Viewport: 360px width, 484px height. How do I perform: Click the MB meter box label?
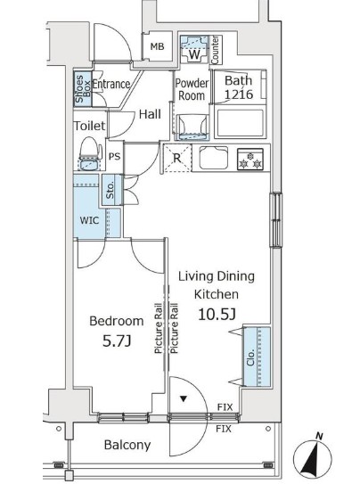158,46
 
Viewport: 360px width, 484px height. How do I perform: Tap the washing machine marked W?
194,49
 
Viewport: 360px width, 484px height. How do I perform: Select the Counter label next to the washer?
215,50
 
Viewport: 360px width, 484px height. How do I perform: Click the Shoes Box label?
83,88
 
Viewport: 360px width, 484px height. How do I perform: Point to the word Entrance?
111,84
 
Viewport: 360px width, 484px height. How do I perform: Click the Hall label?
150,114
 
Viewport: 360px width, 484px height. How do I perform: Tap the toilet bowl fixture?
90,153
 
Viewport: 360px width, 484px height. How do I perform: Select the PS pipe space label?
114,157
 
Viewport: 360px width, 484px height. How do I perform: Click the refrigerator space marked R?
177,159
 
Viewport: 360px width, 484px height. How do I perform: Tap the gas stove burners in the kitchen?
250,160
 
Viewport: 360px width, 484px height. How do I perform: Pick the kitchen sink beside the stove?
214,158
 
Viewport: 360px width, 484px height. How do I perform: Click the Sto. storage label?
110,190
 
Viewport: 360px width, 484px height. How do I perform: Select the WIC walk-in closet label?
89,220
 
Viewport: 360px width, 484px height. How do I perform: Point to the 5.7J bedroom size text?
117,341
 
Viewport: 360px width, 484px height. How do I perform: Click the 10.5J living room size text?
217,315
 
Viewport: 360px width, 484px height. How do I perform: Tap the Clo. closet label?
250,357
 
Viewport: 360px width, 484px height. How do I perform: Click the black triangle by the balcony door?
184,399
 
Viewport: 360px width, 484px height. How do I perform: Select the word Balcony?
127,445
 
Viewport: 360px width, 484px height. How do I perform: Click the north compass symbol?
313,458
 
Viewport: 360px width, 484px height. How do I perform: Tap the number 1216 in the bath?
239,94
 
